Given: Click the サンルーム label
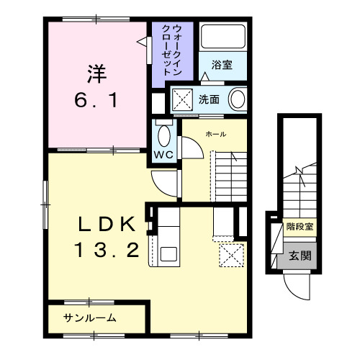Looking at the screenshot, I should (x=90, y=318).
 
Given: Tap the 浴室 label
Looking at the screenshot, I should (x=222, y=65).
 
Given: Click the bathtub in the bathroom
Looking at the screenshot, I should (x=222, y=37).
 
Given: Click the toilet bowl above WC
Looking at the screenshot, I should (x=163, y=134).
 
